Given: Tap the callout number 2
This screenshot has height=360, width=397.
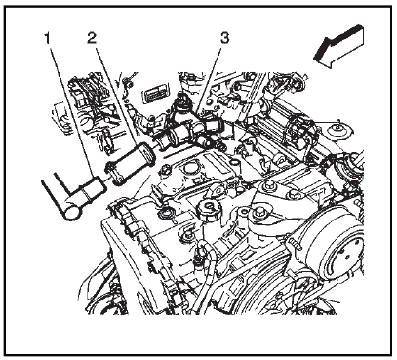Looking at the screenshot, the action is click(92, 39).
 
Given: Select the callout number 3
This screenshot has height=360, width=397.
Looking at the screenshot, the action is click(224, 38).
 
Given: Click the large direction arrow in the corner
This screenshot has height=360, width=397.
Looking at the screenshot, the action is click(338, 47).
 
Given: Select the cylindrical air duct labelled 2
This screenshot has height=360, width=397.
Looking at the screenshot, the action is click(130, 165).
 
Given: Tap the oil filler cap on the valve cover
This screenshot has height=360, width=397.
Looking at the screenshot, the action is click(208, 210).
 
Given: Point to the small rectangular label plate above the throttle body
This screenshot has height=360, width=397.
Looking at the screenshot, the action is click(157, 93).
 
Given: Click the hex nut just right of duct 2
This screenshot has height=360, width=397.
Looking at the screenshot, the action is click(165, 170).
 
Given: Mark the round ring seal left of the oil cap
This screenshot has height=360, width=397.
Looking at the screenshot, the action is click(165, 214).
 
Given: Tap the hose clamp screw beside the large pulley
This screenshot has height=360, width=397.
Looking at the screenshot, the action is click(295, 243).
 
